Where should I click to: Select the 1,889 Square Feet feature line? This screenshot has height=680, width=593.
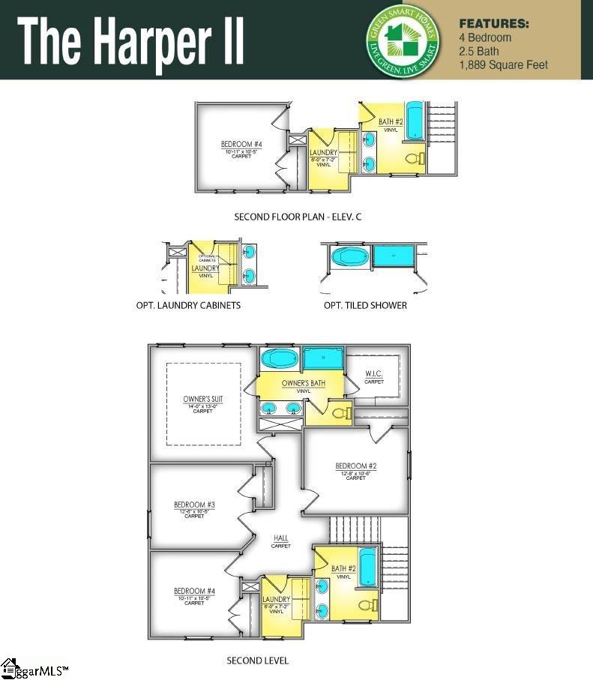point(503,65)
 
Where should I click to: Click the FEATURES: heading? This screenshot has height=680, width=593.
point(494,23)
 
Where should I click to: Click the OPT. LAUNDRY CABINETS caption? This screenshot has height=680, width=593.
point(188,305)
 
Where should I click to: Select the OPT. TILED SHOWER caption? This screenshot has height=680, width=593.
point(365,305)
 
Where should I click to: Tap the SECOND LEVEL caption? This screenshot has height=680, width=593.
point(258,661)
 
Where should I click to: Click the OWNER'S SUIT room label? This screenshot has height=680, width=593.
point(203,399)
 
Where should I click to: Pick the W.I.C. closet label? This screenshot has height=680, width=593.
point(374,373)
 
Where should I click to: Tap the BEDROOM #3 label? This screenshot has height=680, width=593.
point(194,505)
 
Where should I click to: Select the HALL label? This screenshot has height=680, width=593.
point(281,538)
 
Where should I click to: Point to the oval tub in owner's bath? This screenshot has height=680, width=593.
point(280,359)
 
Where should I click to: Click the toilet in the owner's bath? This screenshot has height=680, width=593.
point(340,412)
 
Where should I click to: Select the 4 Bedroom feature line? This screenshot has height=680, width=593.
point(485,37)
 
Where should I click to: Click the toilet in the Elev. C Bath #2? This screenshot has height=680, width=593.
point(413,158)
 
